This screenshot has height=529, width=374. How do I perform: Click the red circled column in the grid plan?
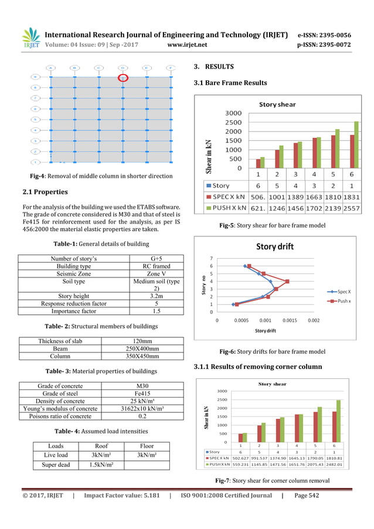(123, 77)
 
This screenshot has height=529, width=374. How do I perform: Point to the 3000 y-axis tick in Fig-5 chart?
(233, 113)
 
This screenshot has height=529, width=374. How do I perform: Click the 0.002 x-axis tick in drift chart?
(314, 321)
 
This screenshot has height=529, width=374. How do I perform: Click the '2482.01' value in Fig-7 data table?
(351, 464)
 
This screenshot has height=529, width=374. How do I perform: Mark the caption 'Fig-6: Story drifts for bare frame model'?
(272, 351)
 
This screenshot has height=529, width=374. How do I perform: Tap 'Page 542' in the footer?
(304, 496)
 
